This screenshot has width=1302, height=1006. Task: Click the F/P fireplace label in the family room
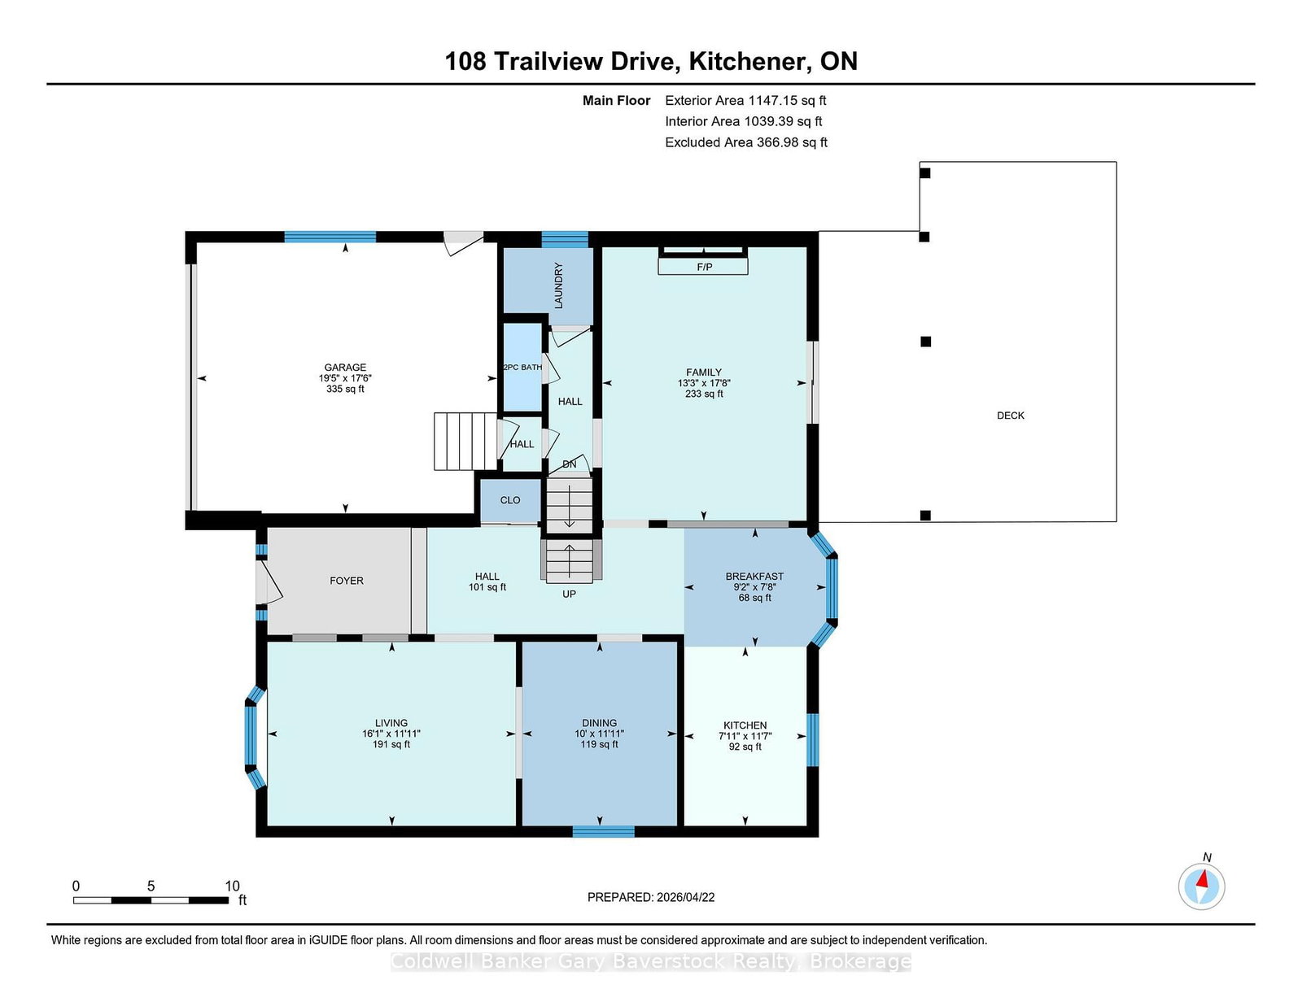pos(704,267)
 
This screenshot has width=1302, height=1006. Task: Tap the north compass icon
pos(1201,886)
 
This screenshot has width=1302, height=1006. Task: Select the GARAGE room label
pos(345,367)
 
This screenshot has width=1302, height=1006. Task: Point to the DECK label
pos(1010,415)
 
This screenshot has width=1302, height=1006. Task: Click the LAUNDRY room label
pos(558,285)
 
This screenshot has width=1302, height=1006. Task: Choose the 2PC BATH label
pos(522,367)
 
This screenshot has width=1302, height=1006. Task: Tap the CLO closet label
pos(510,500)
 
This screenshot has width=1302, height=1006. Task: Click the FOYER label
pos(347,580)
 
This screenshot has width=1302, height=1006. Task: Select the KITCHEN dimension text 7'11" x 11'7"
pos(745,736)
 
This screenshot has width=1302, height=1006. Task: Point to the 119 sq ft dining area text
pos(599,744)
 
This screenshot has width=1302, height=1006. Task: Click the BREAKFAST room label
pos(754,576)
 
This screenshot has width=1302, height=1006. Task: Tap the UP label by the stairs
pos(569,594)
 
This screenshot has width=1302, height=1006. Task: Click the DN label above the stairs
pos(569,464)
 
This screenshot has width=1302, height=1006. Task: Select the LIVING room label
pos(391,723)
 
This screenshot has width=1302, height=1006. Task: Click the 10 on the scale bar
pos(232,886)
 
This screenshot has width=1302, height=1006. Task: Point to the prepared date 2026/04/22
pos(685,897)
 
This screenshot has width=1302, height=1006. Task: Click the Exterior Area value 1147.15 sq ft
pos(787,101)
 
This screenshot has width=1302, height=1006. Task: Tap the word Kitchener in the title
pos(749,61)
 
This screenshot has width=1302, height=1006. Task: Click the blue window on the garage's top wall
pos(330,237)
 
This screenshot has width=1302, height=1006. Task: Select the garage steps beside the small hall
pos(465,441)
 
